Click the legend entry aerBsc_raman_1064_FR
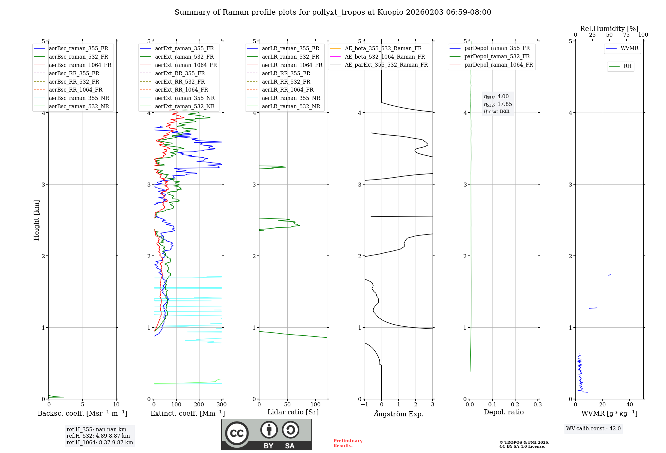click(x=80, y=65)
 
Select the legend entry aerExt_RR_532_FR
click(x=180, y=82)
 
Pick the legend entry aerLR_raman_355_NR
click(x=291, y=98)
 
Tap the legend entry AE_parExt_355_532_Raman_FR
click(x=386, y=65)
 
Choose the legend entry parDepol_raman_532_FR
click(x=497, y=57)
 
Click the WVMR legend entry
click(x=629, y=48)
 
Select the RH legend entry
click(x=627, y=66)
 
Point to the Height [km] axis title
click(x=36, y=220)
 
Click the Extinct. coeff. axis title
click(x=188, y=413)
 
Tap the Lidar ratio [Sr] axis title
click(x=293, y=412)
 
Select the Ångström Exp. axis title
click(x=399, y=414)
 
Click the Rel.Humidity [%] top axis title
click(x=609, y=29)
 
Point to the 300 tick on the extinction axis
click(x=222, y=405)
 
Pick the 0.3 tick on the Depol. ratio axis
click(x=537, y=405)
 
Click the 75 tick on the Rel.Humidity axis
click(x=626, y=35)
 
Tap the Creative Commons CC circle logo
click(x=237, y=433)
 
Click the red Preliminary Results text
click(x=348, y=443)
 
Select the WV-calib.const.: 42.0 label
click(x=593, y=429)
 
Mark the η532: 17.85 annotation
click(x=498, y=104)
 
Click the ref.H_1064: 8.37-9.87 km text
click(x=100, y=443)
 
